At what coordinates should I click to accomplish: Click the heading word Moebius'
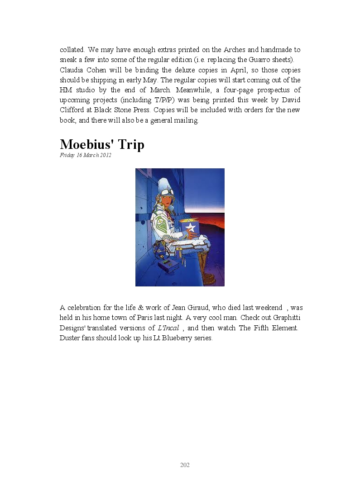pos(89,144)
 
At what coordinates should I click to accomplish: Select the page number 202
pos(185,465)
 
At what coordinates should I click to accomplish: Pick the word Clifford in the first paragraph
pos(73,110)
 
